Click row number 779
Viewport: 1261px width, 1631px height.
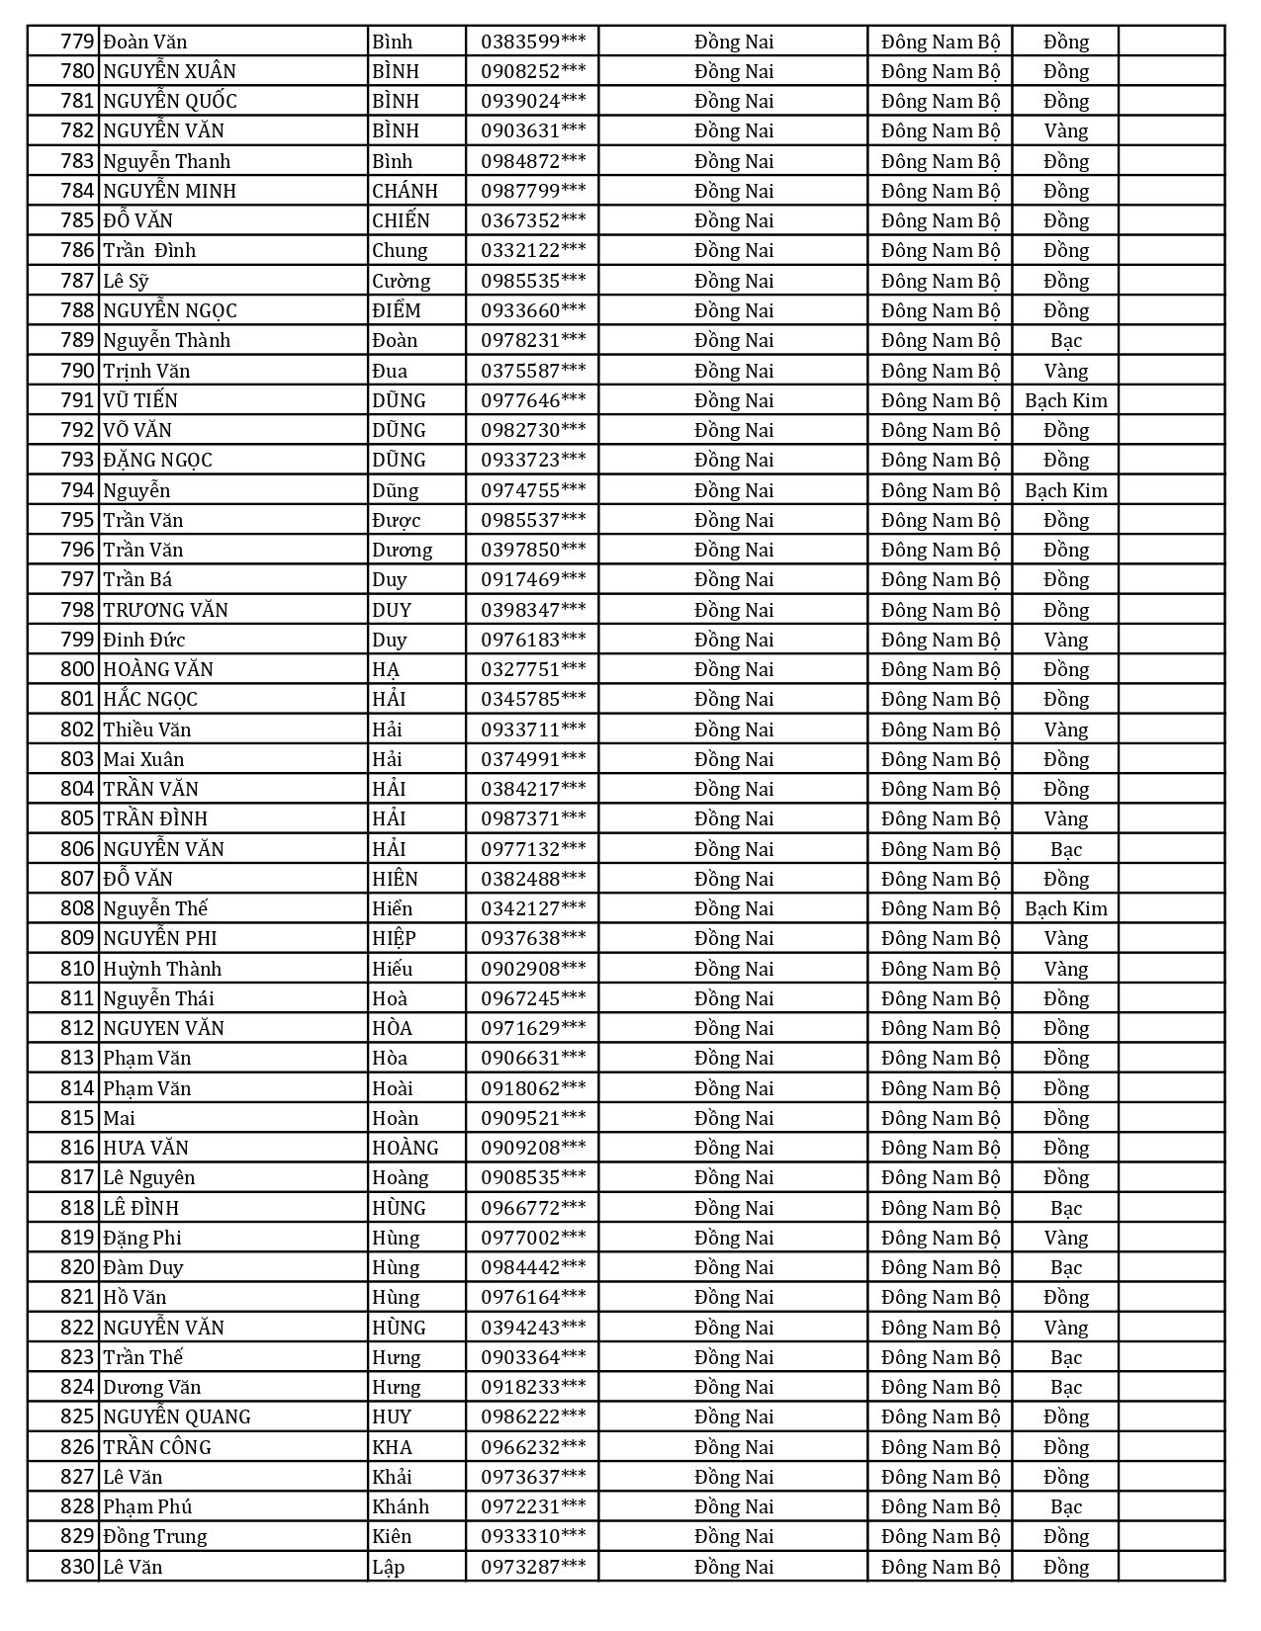coord(77,42)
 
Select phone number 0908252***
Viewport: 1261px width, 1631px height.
coord(533,71)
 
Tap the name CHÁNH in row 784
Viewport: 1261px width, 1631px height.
coord(405,191)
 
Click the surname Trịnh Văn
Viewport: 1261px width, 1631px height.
coord(146,371)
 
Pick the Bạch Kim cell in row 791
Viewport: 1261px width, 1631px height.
coord(1065,400)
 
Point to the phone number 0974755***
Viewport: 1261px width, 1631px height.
coord(533,490)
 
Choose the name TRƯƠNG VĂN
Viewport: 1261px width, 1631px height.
coord(165,610)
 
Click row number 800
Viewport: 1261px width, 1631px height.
coord(77,669)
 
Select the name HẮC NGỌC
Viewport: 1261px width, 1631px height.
coord(150,699)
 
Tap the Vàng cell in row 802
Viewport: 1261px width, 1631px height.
coord(1065,730)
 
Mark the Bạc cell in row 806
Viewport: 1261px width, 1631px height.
coord(1065,849)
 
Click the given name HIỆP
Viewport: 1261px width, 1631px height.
coord(394,938)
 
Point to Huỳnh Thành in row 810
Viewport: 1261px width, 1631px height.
coord(162,969)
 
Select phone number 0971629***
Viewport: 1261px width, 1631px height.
coord(533,1028)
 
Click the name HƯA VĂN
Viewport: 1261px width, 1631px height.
coord(145,1148)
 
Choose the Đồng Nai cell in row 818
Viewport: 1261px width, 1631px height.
coord(733,1208)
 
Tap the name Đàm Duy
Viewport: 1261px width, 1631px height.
coord(143,1267)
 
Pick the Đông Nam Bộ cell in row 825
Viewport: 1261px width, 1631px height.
coord(941,1416)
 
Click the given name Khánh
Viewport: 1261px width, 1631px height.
coord(401,1506)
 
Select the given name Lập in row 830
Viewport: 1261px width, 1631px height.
coord(389,1567)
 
